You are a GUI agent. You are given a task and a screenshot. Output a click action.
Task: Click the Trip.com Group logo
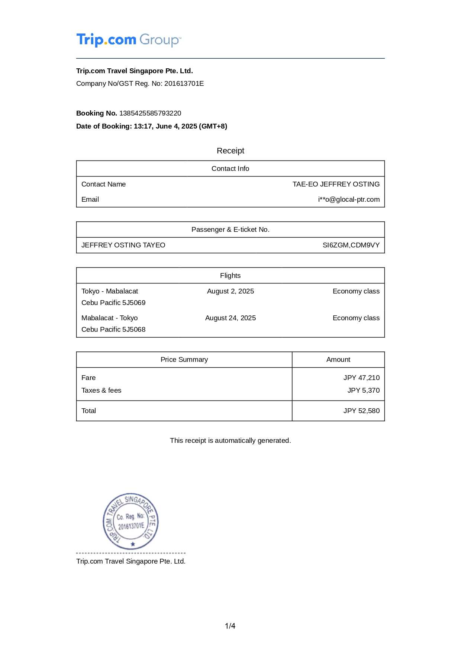(129, 40)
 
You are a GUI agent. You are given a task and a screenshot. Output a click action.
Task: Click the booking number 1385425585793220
(150, 113)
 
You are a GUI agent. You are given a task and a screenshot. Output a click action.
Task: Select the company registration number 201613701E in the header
(184, 84)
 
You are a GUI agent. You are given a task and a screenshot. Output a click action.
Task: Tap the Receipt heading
(230, 151)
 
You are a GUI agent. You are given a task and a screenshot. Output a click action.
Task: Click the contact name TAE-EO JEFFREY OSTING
(336, 184)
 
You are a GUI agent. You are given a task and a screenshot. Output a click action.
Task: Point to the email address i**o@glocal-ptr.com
(349, 200)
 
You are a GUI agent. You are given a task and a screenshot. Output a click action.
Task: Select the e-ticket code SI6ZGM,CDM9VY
(351, 245)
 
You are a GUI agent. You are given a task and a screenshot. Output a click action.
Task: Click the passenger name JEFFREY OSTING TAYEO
(123, 245)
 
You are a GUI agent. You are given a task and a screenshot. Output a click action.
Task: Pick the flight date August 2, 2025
(230, 291)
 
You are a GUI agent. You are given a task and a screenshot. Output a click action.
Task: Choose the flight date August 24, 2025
(230, 318)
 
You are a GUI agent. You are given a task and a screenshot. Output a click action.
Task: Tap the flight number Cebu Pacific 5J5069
(113, 303)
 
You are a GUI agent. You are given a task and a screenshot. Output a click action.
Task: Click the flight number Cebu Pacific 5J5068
(113, 330)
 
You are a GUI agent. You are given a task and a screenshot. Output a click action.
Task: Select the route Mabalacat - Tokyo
(109, 318)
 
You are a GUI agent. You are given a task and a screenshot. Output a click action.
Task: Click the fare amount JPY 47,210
(361, 378)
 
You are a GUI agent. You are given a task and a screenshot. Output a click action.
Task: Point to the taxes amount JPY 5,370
(363, 390)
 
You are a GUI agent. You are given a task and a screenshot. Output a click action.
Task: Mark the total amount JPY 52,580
(361, 411)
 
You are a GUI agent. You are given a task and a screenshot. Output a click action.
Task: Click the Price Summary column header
(184, 360)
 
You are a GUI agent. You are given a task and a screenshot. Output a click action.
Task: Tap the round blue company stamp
(131, 521)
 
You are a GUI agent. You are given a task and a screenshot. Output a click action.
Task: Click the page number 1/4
(230, 626)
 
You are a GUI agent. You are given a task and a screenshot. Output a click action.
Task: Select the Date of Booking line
(152, 126)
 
